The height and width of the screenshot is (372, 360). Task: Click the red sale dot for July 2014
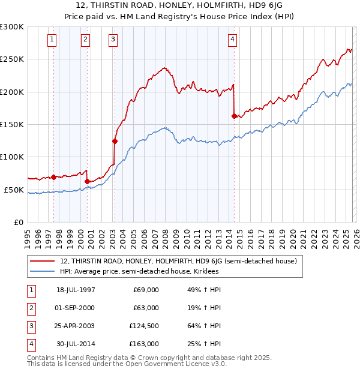click(234, 116)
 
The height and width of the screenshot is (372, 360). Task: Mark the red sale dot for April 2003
click(115, 141)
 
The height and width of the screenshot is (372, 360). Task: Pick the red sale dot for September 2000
click(88, 181)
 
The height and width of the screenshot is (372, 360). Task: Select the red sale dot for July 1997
click(54, 177)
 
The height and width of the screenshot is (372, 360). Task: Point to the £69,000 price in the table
click(146, 290)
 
